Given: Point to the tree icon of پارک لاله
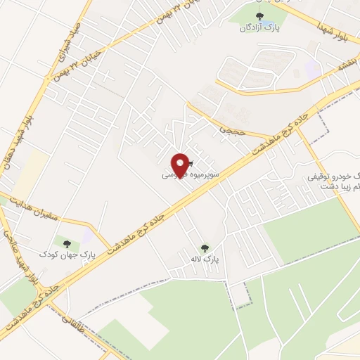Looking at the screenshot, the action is (x=205, y=247).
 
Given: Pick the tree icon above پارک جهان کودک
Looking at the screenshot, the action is (x=67, y=243).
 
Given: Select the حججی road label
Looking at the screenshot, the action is (x=229, y=129).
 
